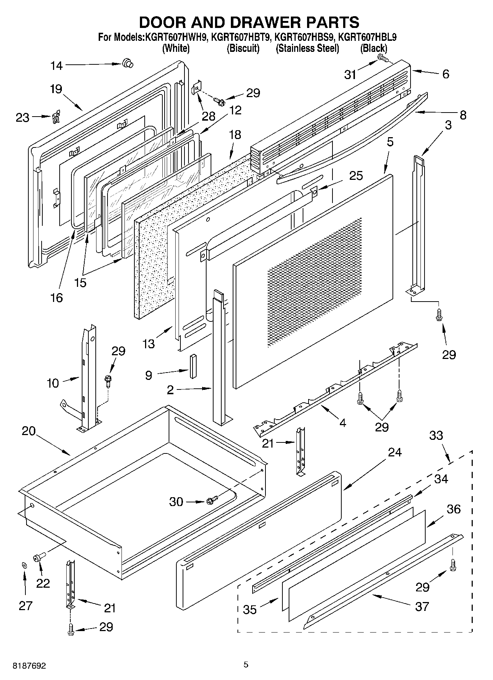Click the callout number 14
[x=56, y=66]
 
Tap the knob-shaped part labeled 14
[x=127, y=63]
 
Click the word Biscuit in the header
[x=243, y=48]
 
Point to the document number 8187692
[x=29, y=666]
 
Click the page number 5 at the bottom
[x=246, y=664]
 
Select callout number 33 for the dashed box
[x=436, y=435]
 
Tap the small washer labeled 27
[x=24, y=565]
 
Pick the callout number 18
[x=235, y=135]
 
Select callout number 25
[x=356, y=175]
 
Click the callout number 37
[x=422, y=606]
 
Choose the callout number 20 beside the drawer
[x=29, y=431]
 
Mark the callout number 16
[x=57, y=298]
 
